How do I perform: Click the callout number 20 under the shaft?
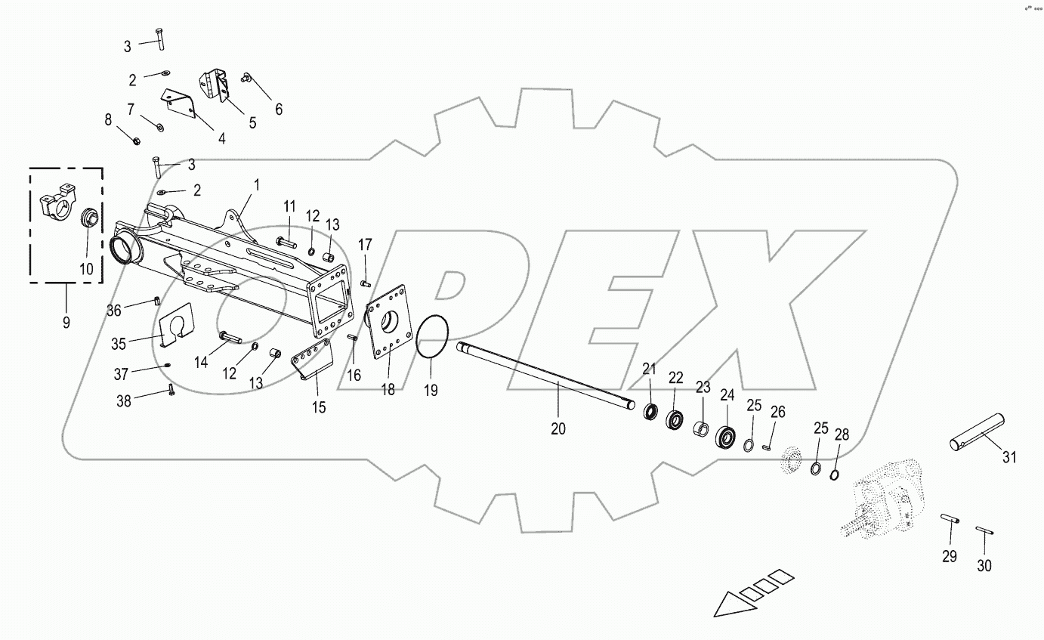(558, 429)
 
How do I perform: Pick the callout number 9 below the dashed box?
(66, 323)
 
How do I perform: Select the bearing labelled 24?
(727, 436)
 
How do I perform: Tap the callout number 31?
(1010, 457)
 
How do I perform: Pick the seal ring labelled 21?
(650, 412)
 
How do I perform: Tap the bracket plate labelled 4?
(180, 104)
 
